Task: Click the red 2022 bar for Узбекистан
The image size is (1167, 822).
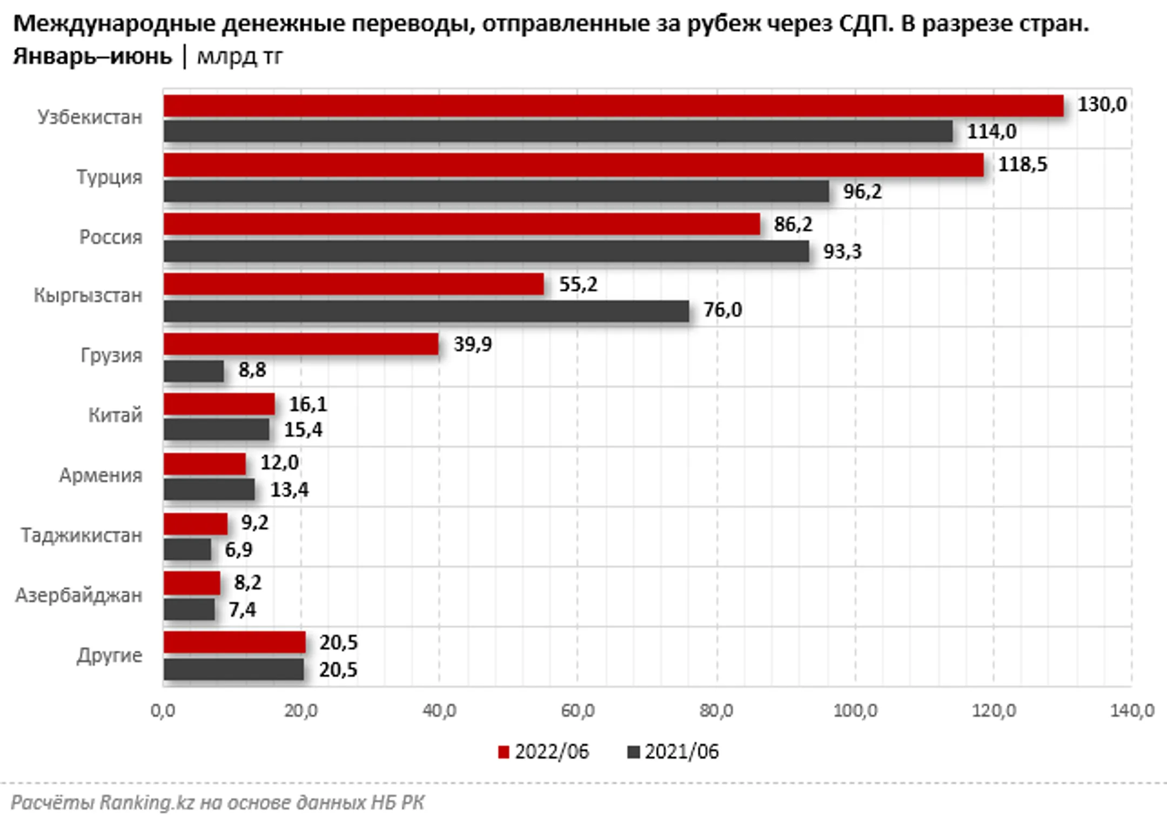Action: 613,106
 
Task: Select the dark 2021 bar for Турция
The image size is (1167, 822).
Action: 496,191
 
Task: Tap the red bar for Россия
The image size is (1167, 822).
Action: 461,224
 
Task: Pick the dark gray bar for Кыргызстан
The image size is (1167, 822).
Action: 426,311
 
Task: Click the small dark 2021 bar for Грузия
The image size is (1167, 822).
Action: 193,371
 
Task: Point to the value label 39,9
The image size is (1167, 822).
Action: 472,344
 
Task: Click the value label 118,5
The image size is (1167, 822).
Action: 1022,164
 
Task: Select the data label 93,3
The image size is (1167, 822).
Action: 842,252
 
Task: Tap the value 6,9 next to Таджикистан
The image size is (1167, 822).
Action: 238,550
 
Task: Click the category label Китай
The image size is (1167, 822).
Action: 115,416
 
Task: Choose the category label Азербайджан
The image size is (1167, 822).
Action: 79,596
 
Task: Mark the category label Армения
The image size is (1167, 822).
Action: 100,476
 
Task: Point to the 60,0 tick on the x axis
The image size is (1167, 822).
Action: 578,711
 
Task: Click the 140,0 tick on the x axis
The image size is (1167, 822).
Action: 1132,711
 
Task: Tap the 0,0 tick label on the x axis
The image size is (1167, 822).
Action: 163,711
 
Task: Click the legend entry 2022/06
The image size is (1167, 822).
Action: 544,752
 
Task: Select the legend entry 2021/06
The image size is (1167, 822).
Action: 673,752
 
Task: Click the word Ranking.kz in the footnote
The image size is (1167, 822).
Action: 146,803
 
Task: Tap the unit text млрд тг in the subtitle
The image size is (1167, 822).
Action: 239,56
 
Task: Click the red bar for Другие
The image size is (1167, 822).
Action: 234,643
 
